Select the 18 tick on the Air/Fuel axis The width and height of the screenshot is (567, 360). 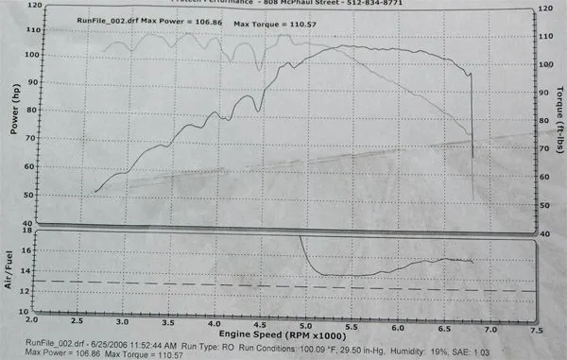28,231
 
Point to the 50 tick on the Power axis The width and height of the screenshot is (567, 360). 31,193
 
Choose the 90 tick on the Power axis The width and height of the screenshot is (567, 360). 31,82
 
